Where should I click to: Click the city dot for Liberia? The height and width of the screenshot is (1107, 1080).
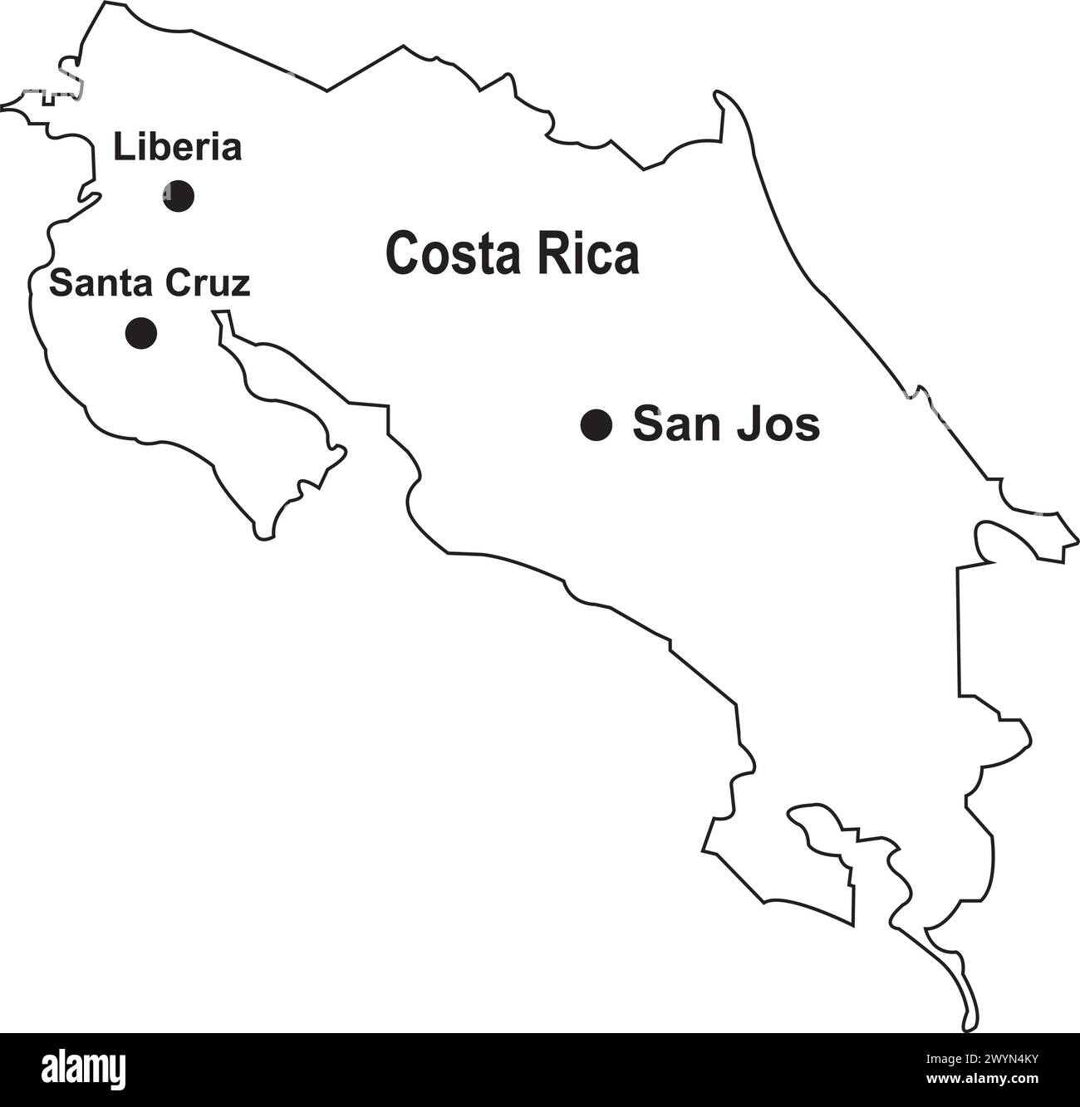click(x=178, y=196)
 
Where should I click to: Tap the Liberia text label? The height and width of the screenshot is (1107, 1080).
click(x=177, y=148)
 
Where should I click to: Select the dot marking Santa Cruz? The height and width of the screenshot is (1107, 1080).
click(x=141, y=332)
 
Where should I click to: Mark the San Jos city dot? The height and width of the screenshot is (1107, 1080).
click(x=596, y=425)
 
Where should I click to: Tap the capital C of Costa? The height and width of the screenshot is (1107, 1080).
click(x=400, y=253)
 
